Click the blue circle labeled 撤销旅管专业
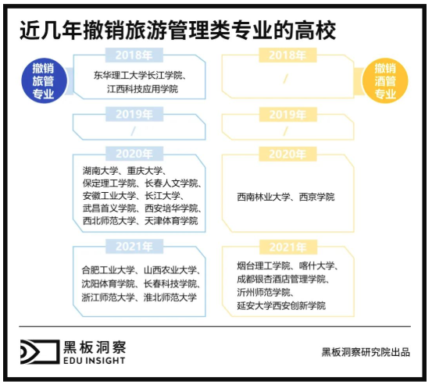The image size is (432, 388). (44, 80)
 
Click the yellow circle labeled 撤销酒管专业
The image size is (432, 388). (385, 80)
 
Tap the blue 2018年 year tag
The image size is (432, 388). (134, 55)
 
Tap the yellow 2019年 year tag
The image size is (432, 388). (287, 114)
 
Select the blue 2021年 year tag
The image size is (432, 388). (134, 247)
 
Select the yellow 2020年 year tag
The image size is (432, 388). (287, 154)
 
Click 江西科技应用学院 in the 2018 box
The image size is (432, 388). (142, 89)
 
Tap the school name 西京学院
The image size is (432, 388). (317, 197)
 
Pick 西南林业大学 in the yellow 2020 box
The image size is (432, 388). (264, 197)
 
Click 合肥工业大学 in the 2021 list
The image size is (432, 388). (109, 270)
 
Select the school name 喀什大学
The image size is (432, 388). (317, 265)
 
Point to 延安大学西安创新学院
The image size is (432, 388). (281, 305)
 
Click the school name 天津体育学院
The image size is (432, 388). (171, 221)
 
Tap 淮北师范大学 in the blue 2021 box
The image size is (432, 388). (170, 297)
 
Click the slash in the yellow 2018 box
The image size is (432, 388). (286, 80)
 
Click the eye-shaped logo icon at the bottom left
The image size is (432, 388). (40, 351)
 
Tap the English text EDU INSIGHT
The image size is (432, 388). (95, 360)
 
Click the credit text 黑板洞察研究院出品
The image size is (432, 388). (366, 352)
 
